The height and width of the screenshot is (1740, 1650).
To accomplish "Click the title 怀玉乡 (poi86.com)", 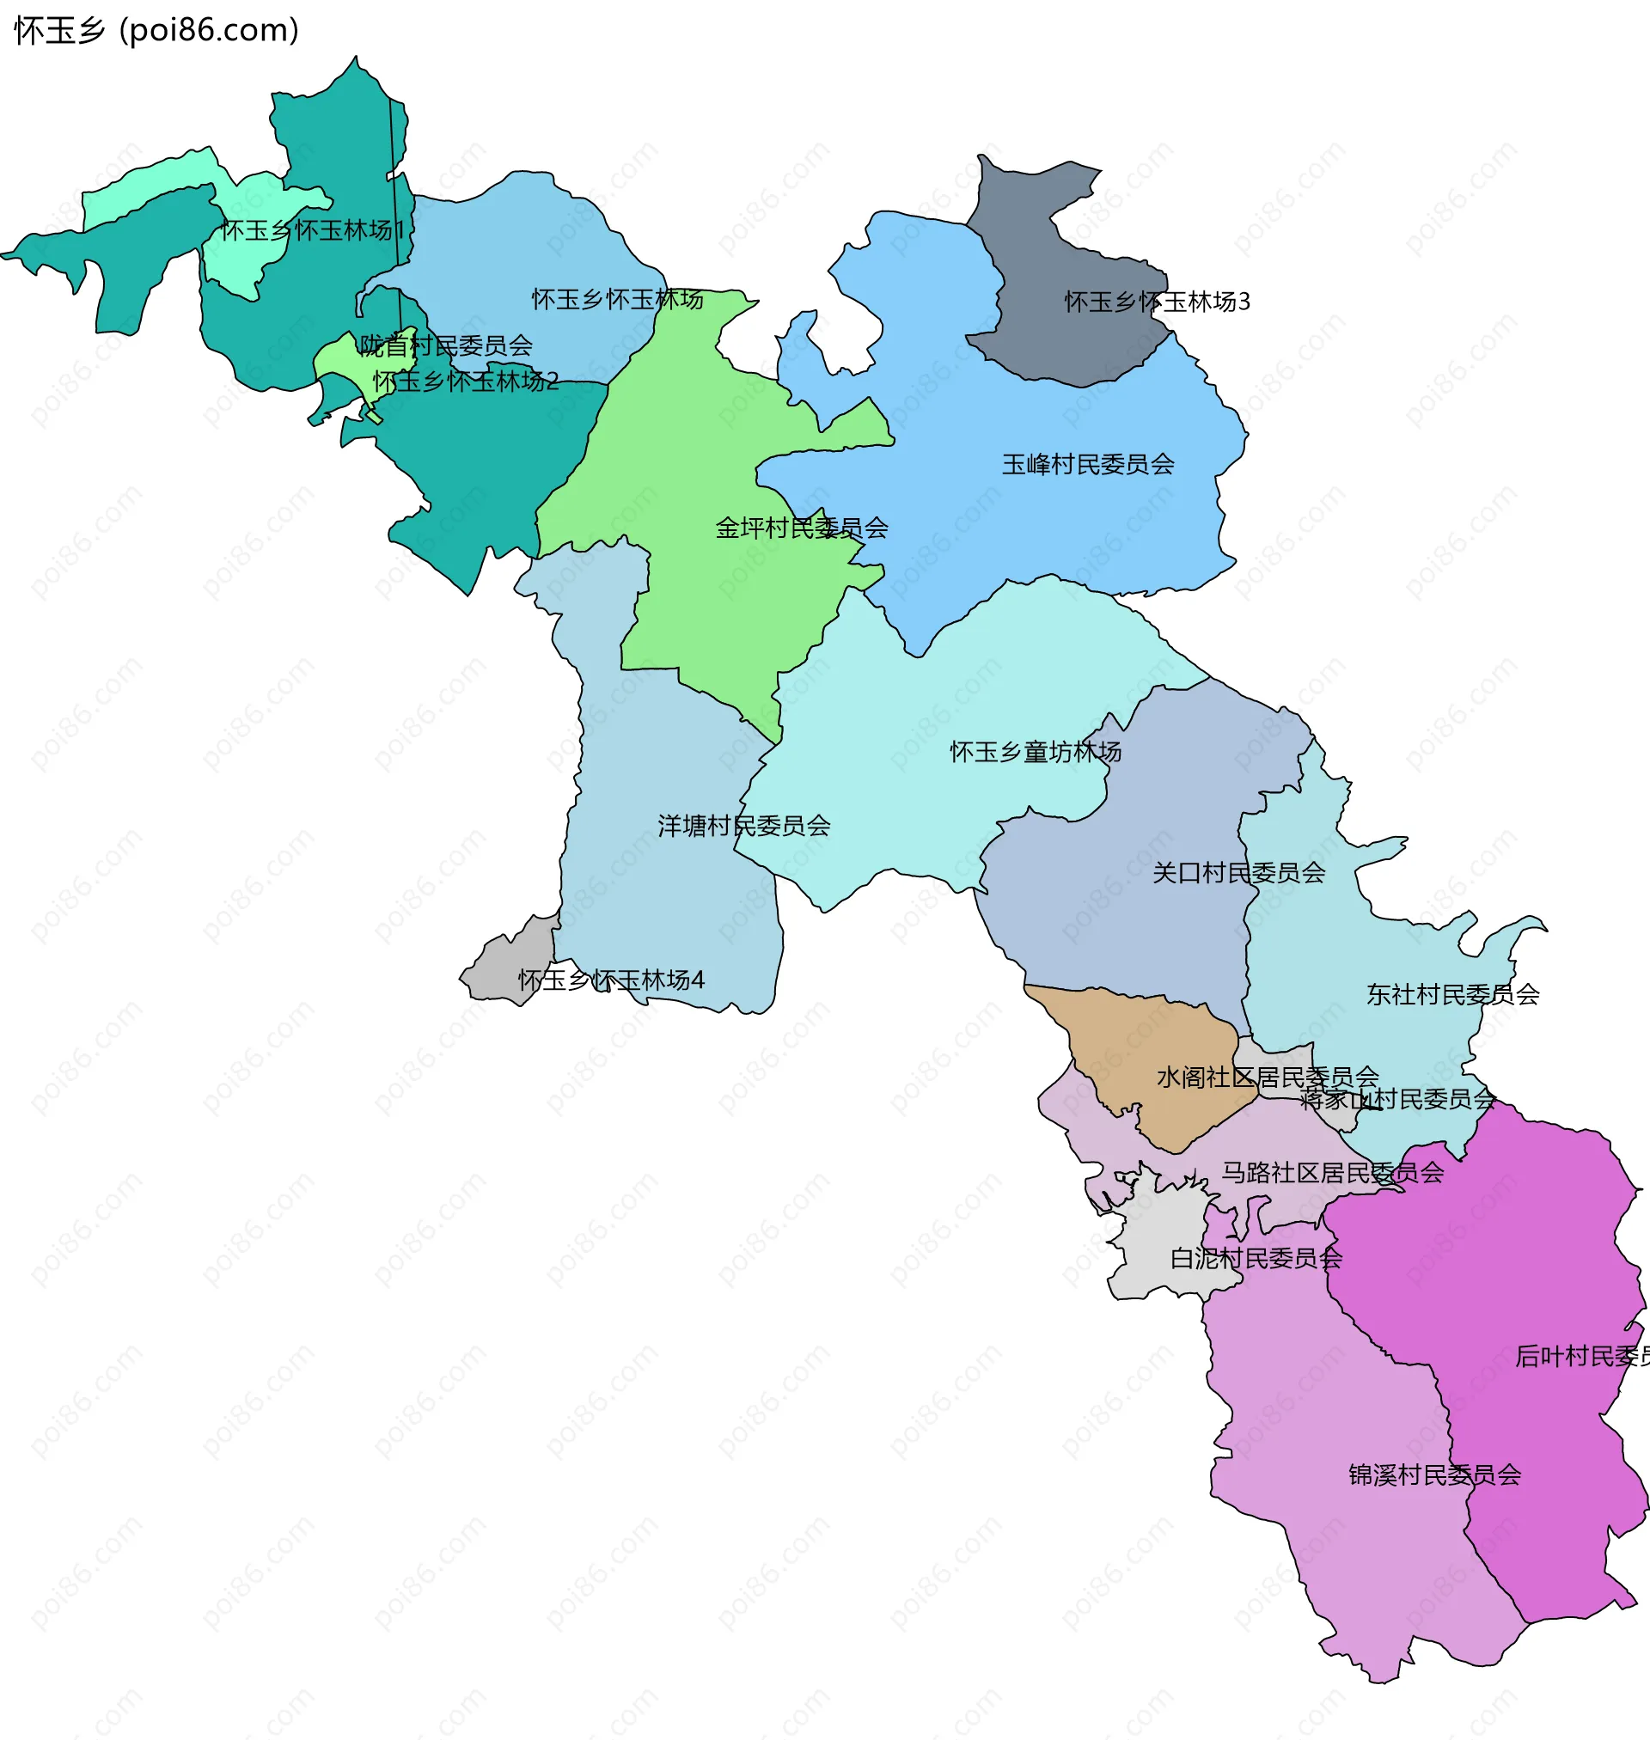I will point(156,31).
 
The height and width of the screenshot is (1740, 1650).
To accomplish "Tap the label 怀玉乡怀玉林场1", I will point(311,231).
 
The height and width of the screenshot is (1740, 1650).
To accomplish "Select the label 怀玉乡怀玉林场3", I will point(1157,302).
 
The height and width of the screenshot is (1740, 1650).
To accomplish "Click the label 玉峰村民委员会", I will point(1088,464).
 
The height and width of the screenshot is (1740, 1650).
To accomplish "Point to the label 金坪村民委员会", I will point(801,528).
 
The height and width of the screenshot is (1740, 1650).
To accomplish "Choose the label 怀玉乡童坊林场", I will point(1036,753).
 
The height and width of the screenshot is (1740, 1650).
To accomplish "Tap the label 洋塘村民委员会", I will point(744,827).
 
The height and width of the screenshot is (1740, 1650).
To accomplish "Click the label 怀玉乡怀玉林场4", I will point(611,980).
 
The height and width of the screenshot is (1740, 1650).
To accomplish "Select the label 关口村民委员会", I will point(1238,874).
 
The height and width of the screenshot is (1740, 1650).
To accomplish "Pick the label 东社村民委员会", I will point(1452,995).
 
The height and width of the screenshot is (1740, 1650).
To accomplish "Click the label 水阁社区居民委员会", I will point(1268,1078).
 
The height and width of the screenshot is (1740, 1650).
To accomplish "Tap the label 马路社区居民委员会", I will point(1333,1173).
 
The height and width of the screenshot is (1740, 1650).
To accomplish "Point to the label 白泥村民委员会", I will point(1256,1259).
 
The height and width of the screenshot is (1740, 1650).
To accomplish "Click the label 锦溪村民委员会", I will point(1434,1475).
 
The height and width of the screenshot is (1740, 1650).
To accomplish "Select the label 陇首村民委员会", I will point(446,346).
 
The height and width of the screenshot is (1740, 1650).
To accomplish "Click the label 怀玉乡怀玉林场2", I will point(465,382).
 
